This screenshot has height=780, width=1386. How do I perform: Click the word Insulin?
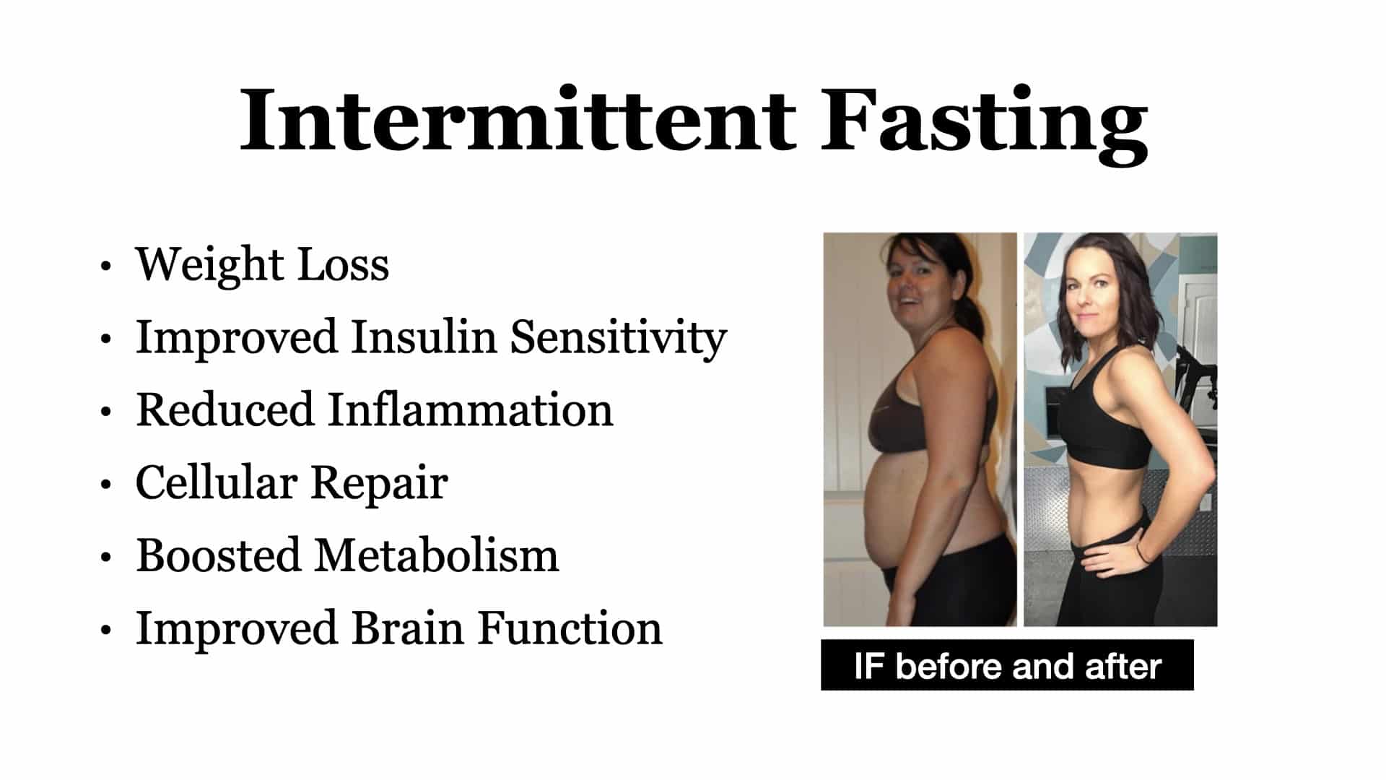(x=424, y=337)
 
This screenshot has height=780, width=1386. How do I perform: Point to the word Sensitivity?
(x=619, y=339)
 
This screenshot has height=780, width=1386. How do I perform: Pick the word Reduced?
(x=225, y=410)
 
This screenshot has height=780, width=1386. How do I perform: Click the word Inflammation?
(x=471, y=410)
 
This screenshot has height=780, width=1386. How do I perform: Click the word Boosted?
(x=218, y=556)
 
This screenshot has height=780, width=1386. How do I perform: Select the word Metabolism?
(x=437, y=556)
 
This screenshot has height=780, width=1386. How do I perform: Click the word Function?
(x=570, y=628)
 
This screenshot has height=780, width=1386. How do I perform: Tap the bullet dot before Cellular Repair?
(x=106, y=485)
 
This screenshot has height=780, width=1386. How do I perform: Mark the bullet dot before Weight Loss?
(x=106, y=266)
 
